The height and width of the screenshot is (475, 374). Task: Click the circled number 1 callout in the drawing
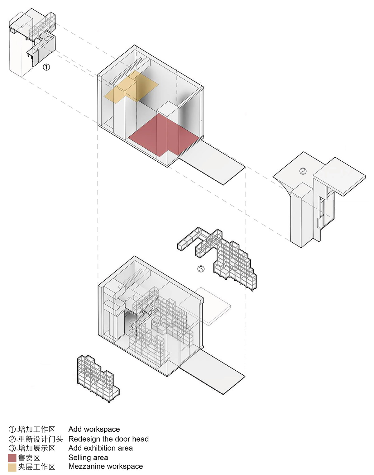point(46,67)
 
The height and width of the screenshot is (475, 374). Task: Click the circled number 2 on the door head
point(303,171)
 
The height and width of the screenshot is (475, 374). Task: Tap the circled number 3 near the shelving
point(201,268)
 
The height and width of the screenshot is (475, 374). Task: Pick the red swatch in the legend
point(12,458)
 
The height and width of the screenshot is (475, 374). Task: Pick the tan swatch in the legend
point(12,467)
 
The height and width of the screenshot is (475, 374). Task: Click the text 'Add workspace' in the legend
point(94,429)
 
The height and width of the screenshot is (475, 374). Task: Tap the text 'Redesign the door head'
point(108,439)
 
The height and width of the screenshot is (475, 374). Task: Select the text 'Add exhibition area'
point(100,448)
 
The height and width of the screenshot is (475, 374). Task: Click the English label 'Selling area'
point(88,458)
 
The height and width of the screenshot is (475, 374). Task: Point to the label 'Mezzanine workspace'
point(105,466)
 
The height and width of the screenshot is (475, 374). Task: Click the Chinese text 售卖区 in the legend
point(29,458)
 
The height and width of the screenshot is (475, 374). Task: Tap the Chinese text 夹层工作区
point(36,467)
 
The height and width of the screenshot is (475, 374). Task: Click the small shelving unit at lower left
point(97,378)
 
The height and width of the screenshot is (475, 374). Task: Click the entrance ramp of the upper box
point(212,162)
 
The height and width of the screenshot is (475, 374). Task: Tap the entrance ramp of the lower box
point(212,372)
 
